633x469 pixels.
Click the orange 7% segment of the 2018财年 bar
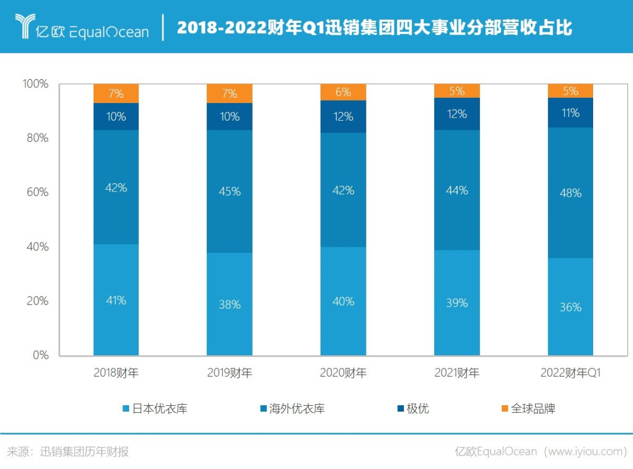tap(116, 94)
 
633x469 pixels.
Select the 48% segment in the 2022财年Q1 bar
tap(570, 193)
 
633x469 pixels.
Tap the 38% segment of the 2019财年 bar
tap(230, 304)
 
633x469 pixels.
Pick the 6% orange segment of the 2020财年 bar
tap(343, 93)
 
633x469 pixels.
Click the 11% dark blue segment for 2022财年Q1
tap(570, 112)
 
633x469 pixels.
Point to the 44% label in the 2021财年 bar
tap(457, 190)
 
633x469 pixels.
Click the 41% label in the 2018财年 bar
tap(116, 300)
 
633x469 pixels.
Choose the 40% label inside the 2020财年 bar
tap(343, 302)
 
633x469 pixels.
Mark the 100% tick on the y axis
tap(36, 84)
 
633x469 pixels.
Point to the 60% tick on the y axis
tap(37, 193)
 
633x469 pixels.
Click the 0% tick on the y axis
tap(40, 355)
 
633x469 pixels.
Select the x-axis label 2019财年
tap(230, 373)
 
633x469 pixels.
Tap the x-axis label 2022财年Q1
tap(570, 373)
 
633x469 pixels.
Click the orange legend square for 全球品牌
tap(505, 408)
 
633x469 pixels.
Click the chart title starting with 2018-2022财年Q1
tap(375, 28)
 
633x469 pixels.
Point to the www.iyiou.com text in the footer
tap(588, 451)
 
